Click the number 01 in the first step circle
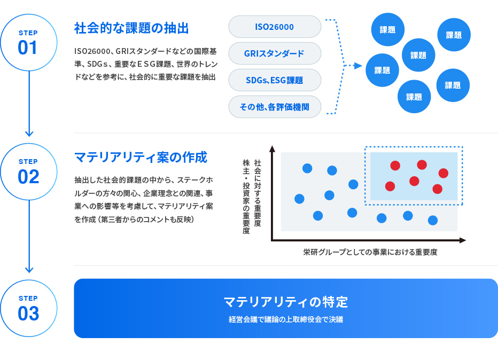coord(27,48)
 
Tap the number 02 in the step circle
coord(28,176)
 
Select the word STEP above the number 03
coord(28,299)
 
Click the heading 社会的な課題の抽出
coord(131,28)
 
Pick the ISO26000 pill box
coord(275,27)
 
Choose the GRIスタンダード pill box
coord(275,53)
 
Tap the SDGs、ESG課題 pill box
coord(275,80)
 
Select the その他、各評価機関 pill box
coord(275,107)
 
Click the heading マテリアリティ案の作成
coord(141,157)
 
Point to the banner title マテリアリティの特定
coord(286,302)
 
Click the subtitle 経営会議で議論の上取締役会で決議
coord(286,319)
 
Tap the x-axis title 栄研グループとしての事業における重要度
coord(370,252)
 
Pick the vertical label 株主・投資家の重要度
coord(246,197)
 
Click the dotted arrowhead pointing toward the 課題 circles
coord(358,66)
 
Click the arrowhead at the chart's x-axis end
coord(462,240)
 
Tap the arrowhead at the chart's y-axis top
coord(272,149)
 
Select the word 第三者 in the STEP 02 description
coord(112,220)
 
